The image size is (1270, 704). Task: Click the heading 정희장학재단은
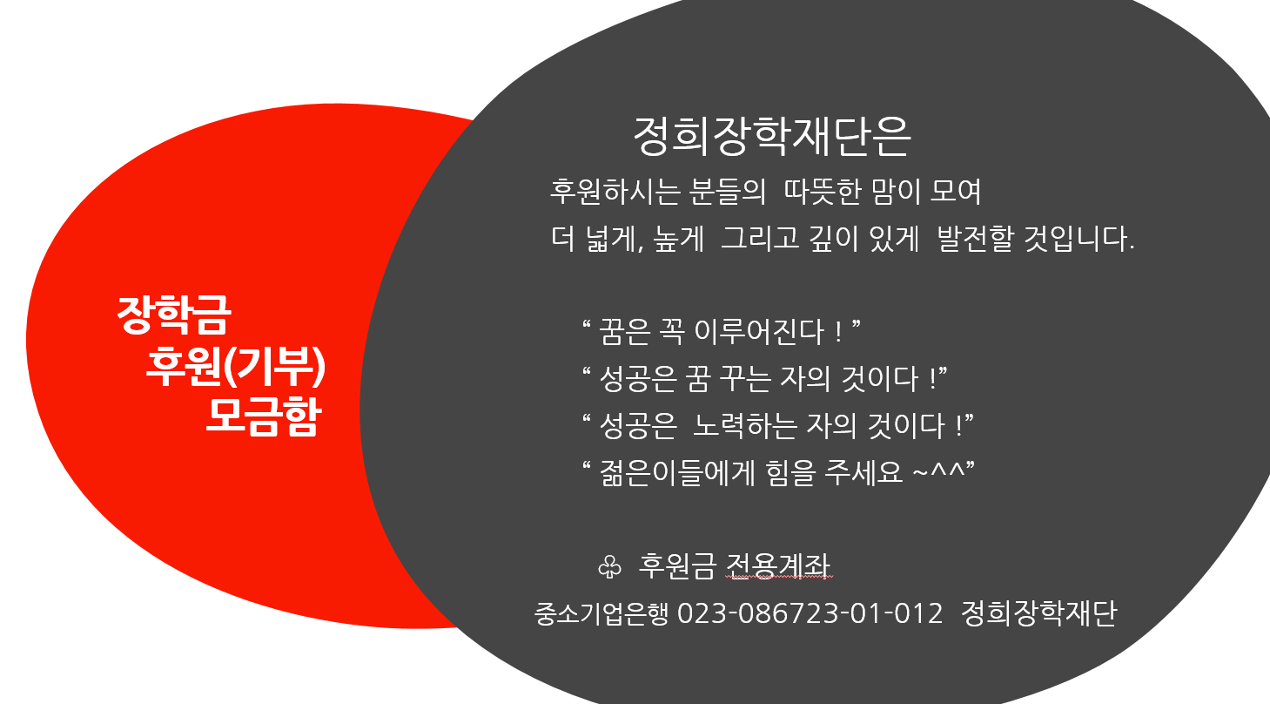coord(771,137)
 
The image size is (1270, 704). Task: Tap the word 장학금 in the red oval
coord(174,315)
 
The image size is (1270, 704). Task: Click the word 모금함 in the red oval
coord(265,416)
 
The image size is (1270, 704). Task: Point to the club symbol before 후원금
coord(609,566)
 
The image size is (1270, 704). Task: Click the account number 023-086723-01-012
coord(810,613)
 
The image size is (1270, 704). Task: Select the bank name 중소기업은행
coord(601,613)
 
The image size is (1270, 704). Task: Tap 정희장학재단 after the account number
coord(1038,613)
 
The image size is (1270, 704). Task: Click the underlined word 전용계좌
coord(779,566)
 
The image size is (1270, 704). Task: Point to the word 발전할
coord(975,238)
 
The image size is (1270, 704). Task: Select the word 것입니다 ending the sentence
coord(1078,238)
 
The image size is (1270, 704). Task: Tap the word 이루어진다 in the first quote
coord(759,332)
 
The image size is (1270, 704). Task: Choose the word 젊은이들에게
coord(677,473)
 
